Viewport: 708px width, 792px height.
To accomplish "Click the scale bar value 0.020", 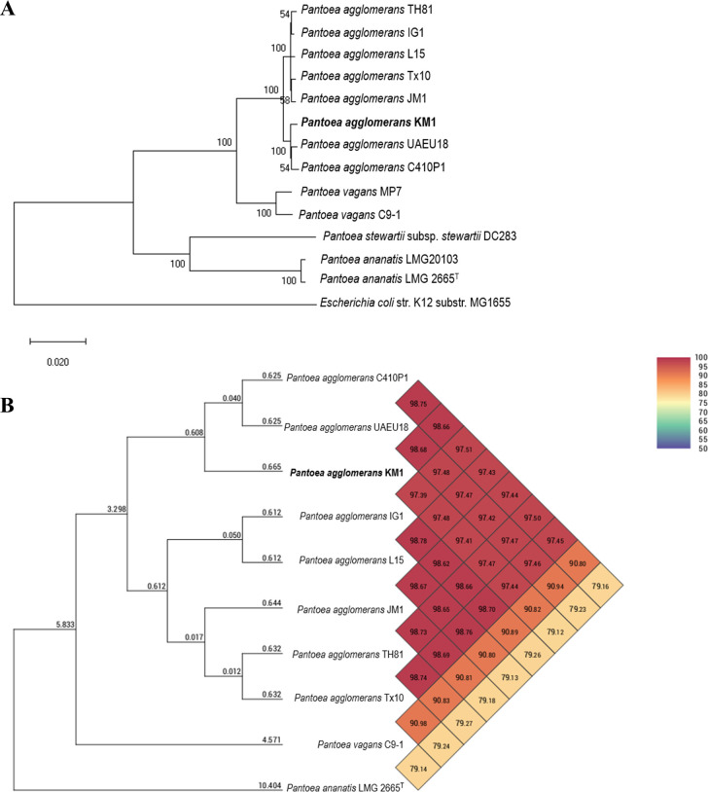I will click(x=57, y=360).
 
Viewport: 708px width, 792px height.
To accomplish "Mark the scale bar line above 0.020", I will click(x=57, y=341).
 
